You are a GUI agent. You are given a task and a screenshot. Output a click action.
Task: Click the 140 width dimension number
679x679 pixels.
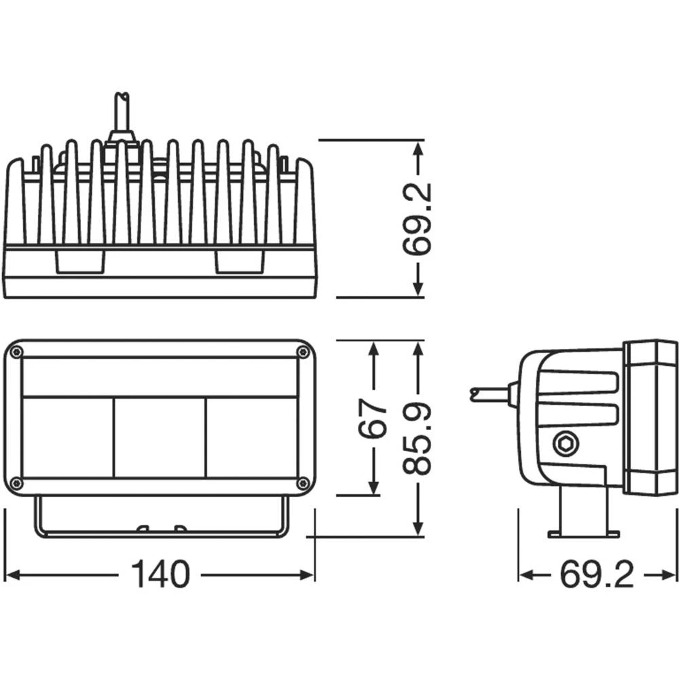(160, 575)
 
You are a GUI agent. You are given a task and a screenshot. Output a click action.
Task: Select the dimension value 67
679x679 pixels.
(373, 419)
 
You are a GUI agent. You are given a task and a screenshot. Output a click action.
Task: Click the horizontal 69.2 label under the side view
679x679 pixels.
(597, 576)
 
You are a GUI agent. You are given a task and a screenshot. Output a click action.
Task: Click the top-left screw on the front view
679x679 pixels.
(16, 352)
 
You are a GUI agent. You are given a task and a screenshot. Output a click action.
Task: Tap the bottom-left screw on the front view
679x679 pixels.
(16, 483)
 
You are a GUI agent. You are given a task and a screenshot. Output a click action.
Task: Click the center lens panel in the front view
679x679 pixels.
(160, 437)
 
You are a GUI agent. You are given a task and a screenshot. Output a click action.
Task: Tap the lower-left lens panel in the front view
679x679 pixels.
(68, 437)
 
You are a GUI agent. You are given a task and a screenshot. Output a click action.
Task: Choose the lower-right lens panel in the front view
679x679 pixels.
(251, 437)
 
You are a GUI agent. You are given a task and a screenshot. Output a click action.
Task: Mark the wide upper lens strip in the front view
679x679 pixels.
(160, 377)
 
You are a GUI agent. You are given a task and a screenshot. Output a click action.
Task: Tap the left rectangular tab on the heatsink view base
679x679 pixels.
(79, 262)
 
